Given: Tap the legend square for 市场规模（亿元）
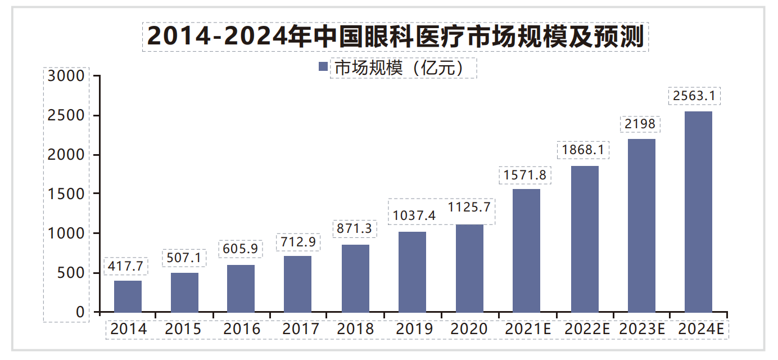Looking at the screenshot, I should [323, 67].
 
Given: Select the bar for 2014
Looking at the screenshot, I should [128, 296].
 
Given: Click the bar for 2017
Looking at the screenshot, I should [297, 284].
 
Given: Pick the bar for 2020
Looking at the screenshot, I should [469, 268].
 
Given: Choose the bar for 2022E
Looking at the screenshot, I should [585, 239].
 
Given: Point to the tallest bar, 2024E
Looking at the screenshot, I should [699, 211].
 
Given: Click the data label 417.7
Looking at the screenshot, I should [126, 265].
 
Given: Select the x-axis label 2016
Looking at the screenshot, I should [242, 329].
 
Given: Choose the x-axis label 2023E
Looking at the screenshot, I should [642, 329].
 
